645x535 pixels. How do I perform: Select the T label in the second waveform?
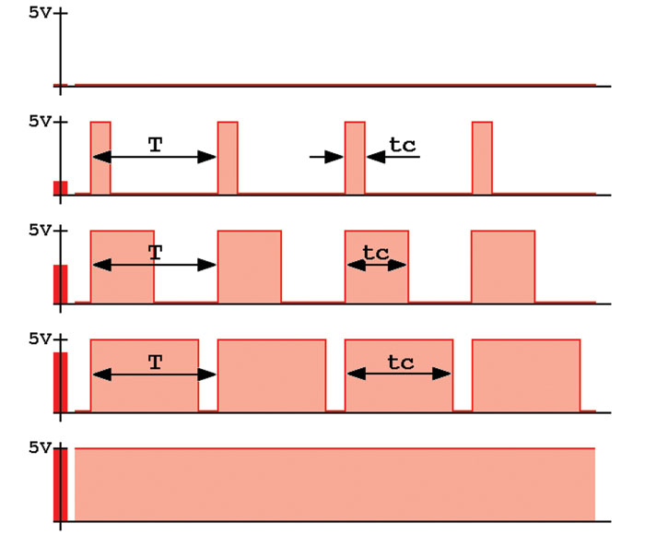(x=155, y=143)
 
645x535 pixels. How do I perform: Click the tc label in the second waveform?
(x=402, y=144)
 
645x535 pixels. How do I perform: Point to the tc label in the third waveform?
(x=376, y=252)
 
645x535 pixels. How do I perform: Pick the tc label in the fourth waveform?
(x=400, y=362)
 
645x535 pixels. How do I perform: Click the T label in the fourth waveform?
(x=155, y=362)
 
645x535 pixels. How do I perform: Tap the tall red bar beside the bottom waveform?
(x=61, y=484)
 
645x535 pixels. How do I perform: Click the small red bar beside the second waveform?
(x=61, y=188)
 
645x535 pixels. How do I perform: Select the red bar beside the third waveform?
(x=61, y=284)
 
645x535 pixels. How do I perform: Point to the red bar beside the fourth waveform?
(x=61, y=382)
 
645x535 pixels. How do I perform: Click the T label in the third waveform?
(x=155, y=252)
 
